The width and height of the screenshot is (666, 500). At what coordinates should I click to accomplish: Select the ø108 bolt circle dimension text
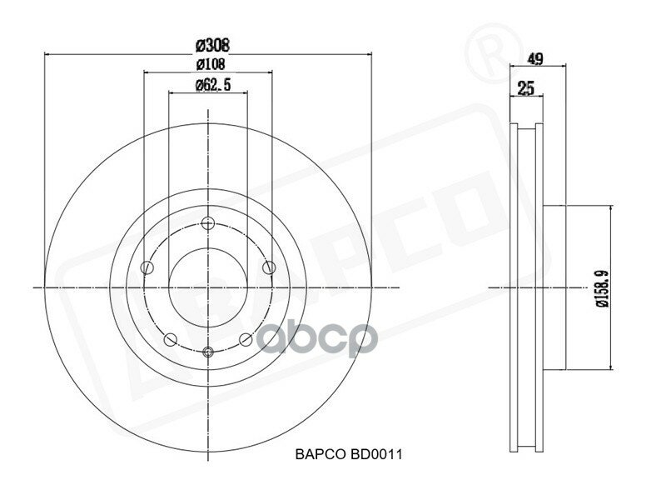pyautogui.click(x=208, y=64)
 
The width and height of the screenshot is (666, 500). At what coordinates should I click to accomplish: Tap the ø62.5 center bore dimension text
pyautogui.click(x=208, y=84)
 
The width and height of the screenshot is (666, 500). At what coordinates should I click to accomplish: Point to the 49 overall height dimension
pyautogui.click(x=536, y=58)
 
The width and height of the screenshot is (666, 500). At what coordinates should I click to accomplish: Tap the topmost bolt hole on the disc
pyautogui.click(x=208, y=222)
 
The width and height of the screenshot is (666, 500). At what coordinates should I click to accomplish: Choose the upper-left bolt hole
pyautogui.click(x=148, y=267)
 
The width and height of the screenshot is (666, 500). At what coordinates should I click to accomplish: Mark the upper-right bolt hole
pyautogui.click(x=268, y=267)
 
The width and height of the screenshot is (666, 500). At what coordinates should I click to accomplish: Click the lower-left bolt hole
pyautogui.click(x=171, y=339)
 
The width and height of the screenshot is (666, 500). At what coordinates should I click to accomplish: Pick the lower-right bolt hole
pyautogui.click(x=246, y=339)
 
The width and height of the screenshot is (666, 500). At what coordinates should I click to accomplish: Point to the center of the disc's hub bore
pyautogui.click(x=208, y=287)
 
